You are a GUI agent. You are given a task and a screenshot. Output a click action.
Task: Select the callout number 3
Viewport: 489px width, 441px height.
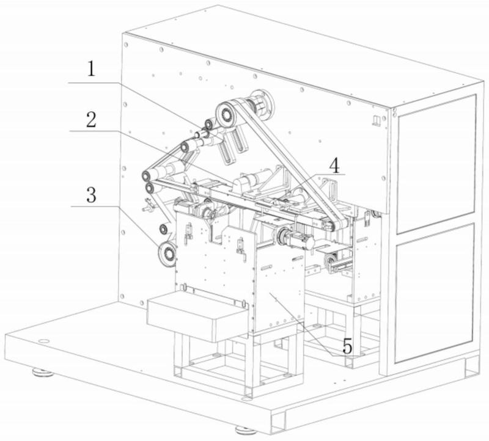pyautogui.click(x=90, y=195)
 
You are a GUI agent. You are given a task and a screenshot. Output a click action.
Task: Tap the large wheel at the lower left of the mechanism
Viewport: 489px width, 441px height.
pyautogui.click(x=166, y=253)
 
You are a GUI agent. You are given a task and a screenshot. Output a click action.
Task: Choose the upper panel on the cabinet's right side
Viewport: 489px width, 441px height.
pyautogui.click(x=435, y=164)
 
